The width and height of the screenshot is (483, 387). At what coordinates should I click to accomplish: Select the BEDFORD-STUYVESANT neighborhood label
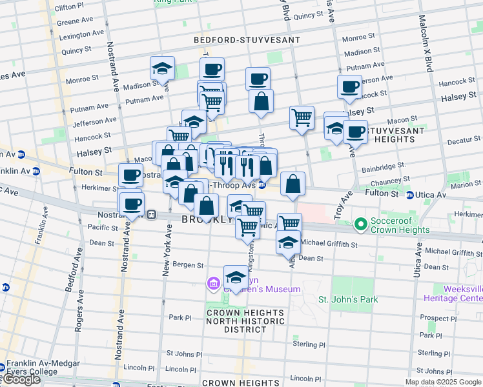(x=247, y=40)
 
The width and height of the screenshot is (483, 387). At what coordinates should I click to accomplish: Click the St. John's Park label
(x=348, y=299)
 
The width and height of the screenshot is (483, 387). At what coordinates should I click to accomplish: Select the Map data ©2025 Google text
(x=442, y=382)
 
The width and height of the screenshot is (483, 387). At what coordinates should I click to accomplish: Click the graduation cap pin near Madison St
(x=162, y=68)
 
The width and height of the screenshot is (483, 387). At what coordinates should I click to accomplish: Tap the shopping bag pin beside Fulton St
(x=293, y=184)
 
